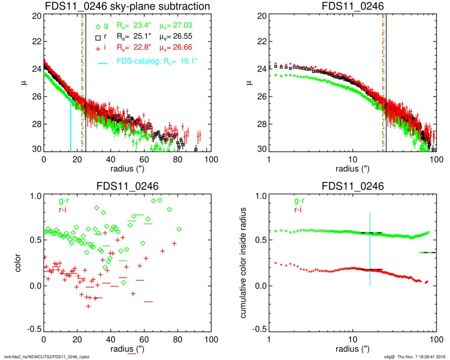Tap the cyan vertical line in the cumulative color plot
370,249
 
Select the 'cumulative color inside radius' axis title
245,263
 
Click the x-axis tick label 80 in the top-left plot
177,159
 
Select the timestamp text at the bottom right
414,356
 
